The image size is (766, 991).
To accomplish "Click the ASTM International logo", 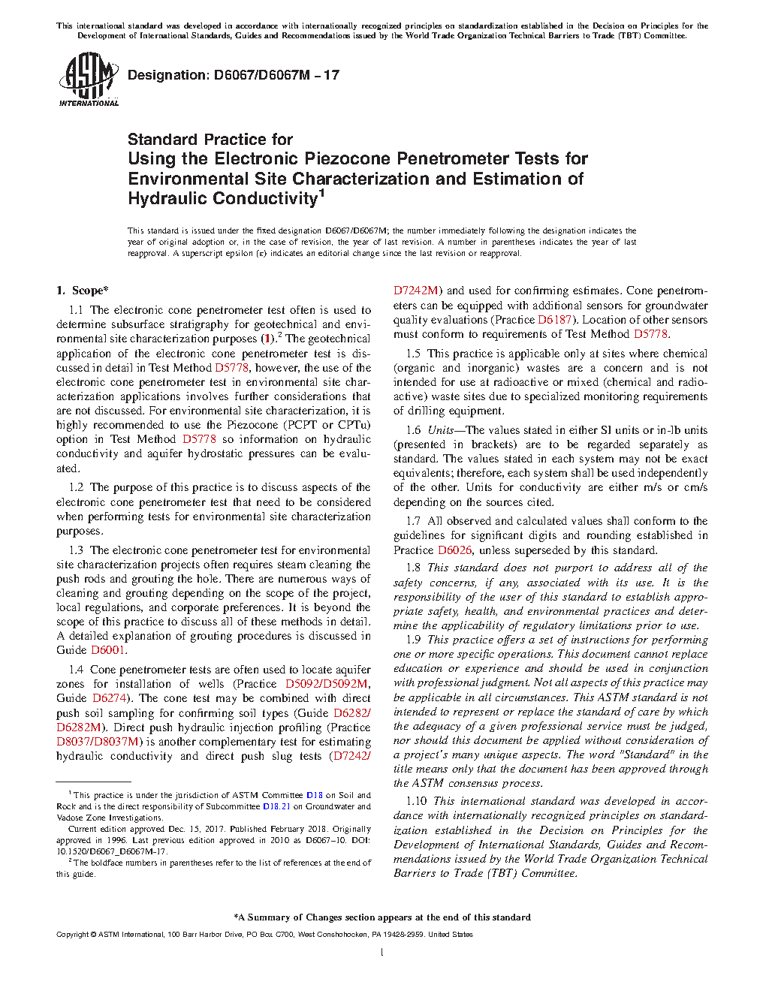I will point(88,79).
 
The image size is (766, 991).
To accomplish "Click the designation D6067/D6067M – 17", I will point(234,75).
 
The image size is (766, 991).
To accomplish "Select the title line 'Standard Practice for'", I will point(210,140).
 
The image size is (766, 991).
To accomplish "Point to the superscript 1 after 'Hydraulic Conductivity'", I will point(321,193).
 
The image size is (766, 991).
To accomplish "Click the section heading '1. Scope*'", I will point(83,291).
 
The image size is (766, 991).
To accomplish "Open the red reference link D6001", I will point(109,650).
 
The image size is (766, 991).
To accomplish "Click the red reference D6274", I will point(110,698).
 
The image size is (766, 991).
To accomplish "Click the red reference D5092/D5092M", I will point(327,684).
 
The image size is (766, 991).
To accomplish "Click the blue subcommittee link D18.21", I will point(276,806).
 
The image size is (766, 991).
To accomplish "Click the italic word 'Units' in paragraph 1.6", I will point(440,430).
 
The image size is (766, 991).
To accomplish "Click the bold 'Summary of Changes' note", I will point(382,917).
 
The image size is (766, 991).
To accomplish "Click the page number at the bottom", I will point(382,953).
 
